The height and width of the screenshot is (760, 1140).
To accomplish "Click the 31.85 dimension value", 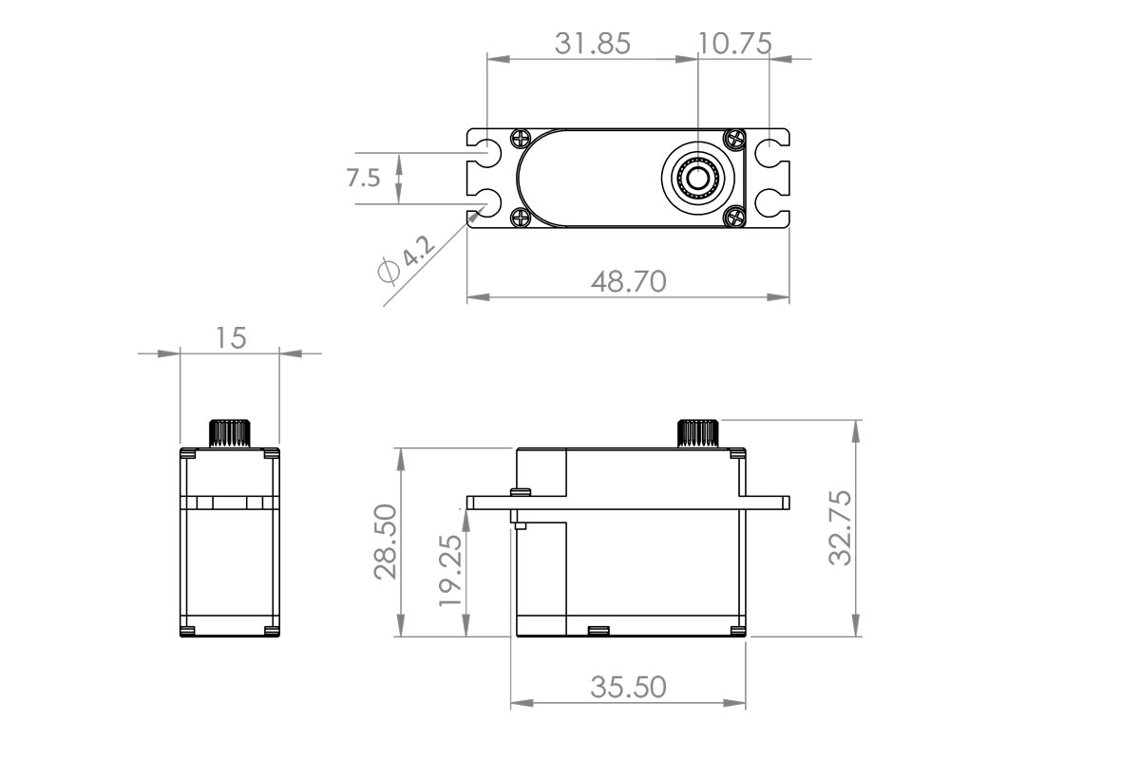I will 592,44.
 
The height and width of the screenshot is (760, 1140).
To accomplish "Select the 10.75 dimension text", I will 734,44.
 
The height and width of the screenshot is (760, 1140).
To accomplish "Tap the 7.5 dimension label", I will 364,179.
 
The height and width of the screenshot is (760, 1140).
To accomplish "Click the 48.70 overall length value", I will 628,281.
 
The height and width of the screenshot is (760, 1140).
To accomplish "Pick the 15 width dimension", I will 230,338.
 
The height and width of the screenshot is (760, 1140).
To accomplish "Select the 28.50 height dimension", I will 386,542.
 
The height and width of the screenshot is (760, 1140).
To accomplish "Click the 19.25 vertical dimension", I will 451,570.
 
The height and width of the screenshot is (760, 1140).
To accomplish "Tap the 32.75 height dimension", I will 840,528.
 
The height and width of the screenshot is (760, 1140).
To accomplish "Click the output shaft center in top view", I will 697,178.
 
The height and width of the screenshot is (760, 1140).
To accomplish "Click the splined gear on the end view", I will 228,432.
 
